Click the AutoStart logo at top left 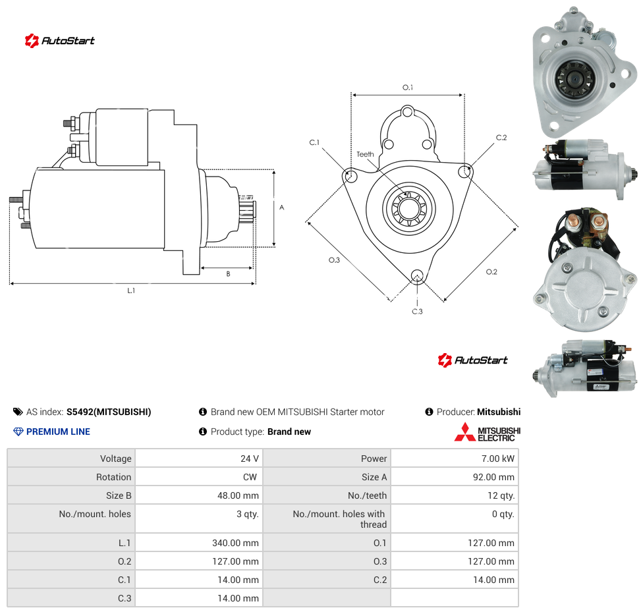click(x=60, y=41)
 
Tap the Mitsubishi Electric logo click(x=487, y=432)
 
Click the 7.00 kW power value click(x=497, y=459)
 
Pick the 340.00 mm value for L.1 click(x=235, y=543)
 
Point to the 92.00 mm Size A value click(x=493, y=477)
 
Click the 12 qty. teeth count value click(x=501, y=495)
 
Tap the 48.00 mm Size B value click(x=238, y=495)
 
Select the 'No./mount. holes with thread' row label click(x=339, y=519)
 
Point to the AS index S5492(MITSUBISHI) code click(x=109, y=412)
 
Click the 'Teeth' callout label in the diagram click(x=365, y=154)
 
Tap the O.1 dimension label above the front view click(x=408, y=88)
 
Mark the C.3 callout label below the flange click(x=417, y=312)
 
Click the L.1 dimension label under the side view click(x=131, y=291)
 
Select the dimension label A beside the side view click(x=282, y=208)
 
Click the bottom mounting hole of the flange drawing click(x=417, y=275)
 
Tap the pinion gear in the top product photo click(x=574, y=78)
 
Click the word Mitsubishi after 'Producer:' click(x=499, y=412)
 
